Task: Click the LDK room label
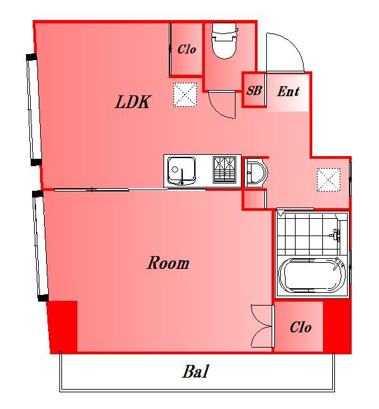(133, 101)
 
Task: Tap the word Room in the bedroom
(168, 263)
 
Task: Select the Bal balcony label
(196, 371)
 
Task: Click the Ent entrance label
(288, 91)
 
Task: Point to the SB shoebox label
(254, 91)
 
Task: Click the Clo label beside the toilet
(187, 49)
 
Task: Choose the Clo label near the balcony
(301, 327)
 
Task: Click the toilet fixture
(225, 41)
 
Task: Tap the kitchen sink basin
(181, 171)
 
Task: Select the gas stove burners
(225, 169)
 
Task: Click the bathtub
(312, 276)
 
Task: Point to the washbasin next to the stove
(256, 172)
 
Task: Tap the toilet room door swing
(222, 105)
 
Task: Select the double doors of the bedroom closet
(262, 326)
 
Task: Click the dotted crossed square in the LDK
(185, 95)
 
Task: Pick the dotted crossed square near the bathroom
(329, 179)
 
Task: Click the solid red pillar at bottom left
(63, 327)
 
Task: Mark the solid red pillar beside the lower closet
(337, 326)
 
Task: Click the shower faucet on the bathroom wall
(336, 234)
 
